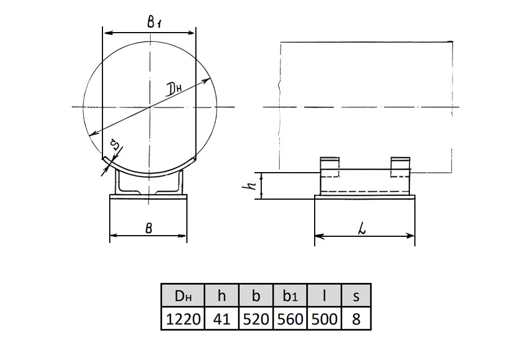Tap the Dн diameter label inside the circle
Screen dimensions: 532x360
tap(175, 89)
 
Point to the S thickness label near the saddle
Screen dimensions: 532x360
tap(115, 146)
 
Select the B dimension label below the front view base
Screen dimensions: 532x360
tap(149, 228)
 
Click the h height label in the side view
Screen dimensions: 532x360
tap(252, 185)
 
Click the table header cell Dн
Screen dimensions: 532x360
tap(183, 296)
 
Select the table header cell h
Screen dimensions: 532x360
tap(222, 296)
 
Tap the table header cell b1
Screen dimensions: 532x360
tap(290, 296)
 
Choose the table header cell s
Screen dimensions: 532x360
tap(356, 296)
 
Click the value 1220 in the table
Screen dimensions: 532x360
tap(183, 319)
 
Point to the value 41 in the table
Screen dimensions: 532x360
tap(222, 319)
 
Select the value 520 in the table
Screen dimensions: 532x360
tap(256, 319)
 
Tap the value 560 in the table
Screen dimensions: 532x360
tap(290, 319)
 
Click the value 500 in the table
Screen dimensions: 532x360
tap(324, 319)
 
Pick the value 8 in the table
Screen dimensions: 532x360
tap(356, 319)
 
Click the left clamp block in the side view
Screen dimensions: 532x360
tap(330, 167)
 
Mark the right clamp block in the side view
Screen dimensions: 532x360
tap(400, 167)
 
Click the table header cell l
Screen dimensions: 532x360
tap(324, 296)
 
